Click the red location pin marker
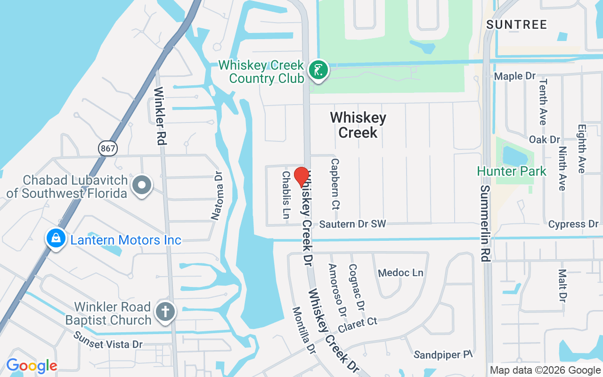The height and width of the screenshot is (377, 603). [x=301, y=177]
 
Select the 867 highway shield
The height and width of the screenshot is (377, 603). [x=108, y=148]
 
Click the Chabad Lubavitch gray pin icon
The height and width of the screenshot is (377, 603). [x=142, y=186]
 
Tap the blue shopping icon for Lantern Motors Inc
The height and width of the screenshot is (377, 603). [x=56, y=238]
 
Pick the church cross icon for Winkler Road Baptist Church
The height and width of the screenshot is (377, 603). [x=165, y=312]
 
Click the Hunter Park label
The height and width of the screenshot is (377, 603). [x=512, y=171]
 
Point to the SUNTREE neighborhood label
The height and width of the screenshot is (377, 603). [x=517, y=25]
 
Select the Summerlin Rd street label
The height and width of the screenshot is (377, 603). [x=485, y=223]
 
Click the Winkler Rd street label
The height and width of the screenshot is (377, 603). [x=160, y=115]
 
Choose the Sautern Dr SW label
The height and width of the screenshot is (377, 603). [x=352, y=224]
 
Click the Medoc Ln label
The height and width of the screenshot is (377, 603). [x=400, y=273]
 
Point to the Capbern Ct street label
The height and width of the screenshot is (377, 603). [x=335, y=183]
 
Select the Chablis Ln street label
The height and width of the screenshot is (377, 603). [x=286, y=195]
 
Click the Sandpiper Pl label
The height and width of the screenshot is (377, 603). [x=443, y=354]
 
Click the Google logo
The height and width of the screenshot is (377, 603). [x=32, y=366]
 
